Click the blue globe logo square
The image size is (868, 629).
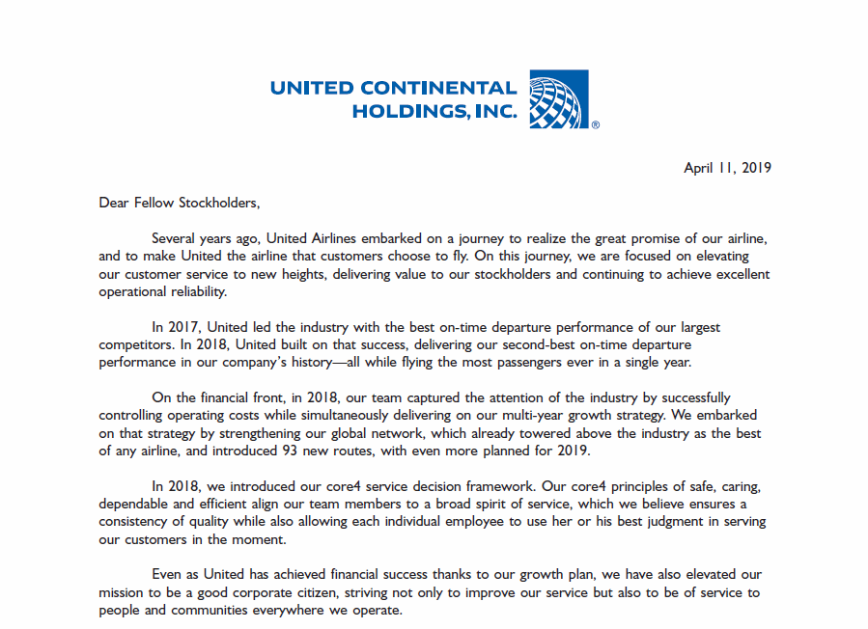pyautogui.click(x=559, y=99)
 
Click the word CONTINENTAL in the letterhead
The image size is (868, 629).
pyautogui.click(x=436, y=89)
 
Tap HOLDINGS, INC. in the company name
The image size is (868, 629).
pyautogui.click(x=434, y=112)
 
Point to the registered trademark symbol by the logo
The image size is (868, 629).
pyautogui.click(x=595, y=124)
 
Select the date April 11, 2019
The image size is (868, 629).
pyautogui.click(x=727, y=168)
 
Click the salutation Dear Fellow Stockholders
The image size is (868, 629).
pyautogui.click(x=180, y=203)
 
